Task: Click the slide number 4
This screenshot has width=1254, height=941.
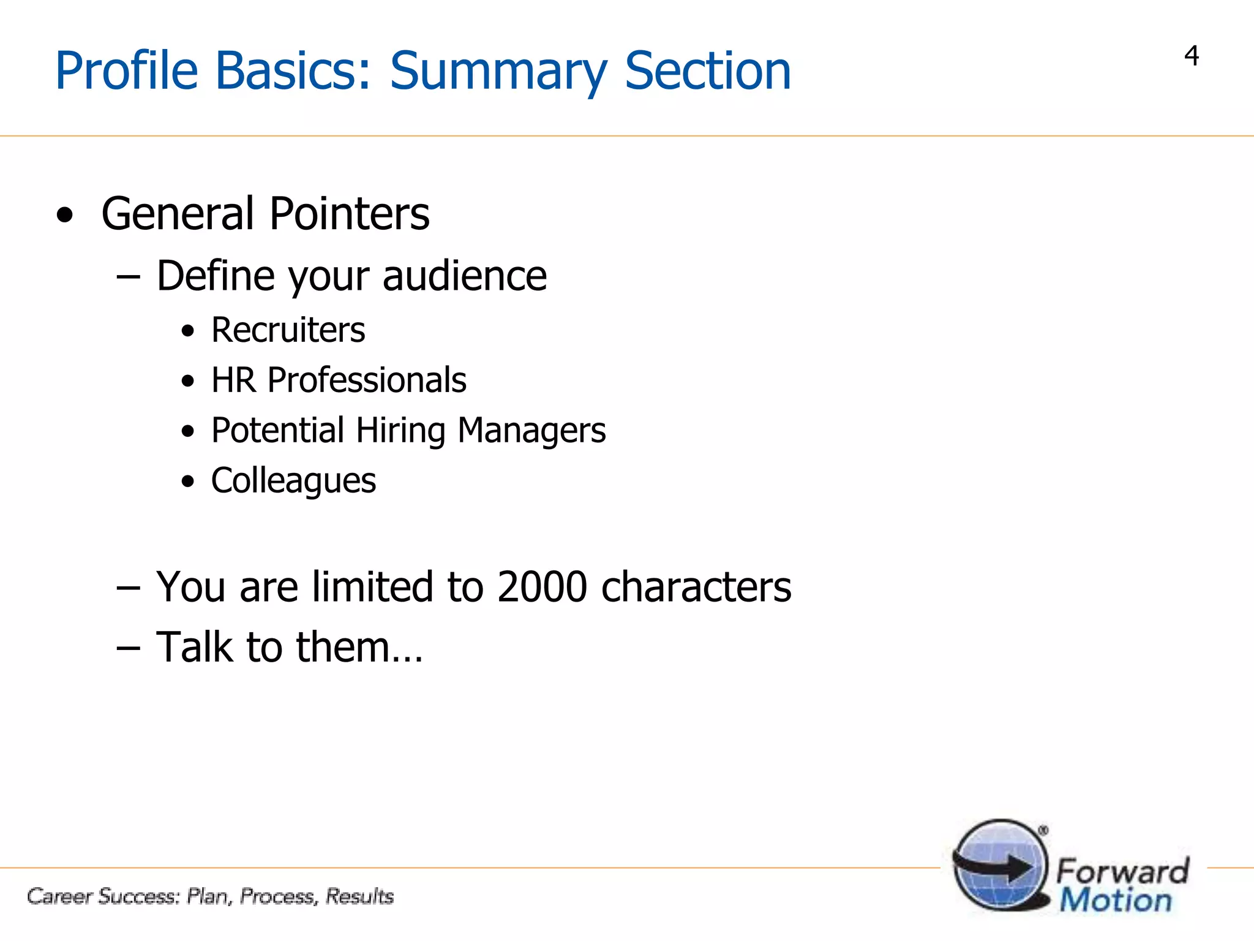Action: (1191, 56)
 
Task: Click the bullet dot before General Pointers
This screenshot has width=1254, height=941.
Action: (64, 216)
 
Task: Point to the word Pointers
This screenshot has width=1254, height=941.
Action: (349, 214)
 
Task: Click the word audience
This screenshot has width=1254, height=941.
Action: (464, 276)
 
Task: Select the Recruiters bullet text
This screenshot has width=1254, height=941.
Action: (288, 330)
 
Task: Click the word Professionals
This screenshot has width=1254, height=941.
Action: (367, 380)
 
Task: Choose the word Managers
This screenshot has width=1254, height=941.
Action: (531, 431)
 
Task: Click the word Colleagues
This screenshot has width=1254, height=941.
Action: (293, 481)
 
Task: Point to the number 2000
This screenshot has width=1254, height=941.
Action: (542, 587)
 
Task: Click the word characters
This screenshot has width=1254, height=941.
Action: (696, 587)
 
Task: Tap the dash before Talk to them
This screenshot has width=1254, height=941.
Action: (128, 648)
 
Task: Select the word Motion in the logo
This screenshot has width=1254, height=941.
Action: (1116, 901)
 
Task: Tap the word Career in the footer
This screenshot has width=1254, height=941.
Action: (59, 896)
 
